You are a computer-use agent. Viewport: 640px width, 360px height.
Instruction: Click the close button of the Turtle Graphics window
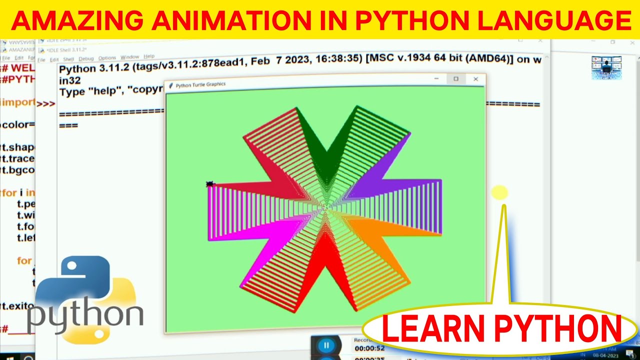pyautogui.click(x=475, y=79)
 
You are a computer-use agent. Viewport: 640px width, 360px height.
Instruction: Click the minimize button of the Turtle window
pyautogui.click(x=436, y=79)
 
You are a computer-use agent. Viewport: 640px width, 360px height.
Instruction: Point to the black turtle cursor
pyautogui.click(x=210, y=184)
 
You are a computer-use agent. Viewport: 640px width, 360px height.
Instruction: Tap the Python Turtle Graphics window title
pyautogui.click(x=200, y=85)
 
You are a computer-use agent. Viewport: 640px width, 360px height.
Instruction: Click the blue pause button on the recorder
pyautogui.click(x=326, y=345)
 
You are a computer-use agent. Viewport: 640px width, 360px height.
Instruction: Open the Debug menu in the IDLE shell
pyautogui.click(x=86, y=58)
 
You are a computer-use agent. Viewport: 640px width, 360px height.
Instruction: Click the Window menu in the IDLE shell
pyautogui.click(x=130, y=57)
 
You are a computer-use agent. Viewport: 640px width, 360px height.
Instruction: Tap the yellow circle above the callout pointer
pyautogui.click(x=499, y=192)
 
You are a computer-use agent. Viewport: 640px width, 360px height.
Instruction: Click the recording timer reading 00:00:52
pyautogui.click(x=369, y=348)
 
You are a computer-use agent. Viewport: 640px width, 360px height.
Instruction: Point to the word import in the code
pyautogui.click(x=18, y=102)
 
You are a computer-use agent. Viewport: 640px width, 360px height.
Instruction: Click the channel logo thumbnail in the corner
pyautogui.click(x=606, y=67)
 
